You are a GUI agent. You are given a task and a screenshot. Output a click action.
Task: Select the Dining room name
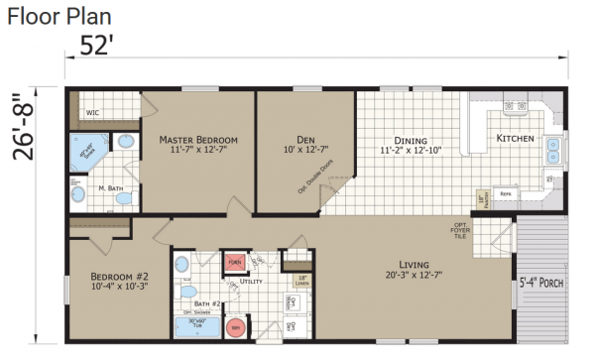[410, 140]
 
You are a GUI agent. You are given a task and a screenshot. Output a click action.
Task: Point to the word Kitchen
[515, 138]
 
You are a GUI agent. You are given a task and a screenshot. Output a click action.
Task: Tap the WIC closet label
[93, 114]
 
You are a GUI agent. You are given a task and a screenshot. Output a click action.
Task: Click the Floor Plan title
[58, 16]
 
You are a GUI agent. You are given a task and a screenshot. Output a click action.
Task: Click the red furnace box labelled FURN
[235, 262]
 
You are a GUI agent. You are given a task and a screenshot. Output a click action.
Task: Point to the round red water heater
[236, 326]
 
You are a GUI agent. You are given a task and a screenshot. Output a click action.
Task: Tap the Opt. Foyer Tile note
[461, 230]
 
